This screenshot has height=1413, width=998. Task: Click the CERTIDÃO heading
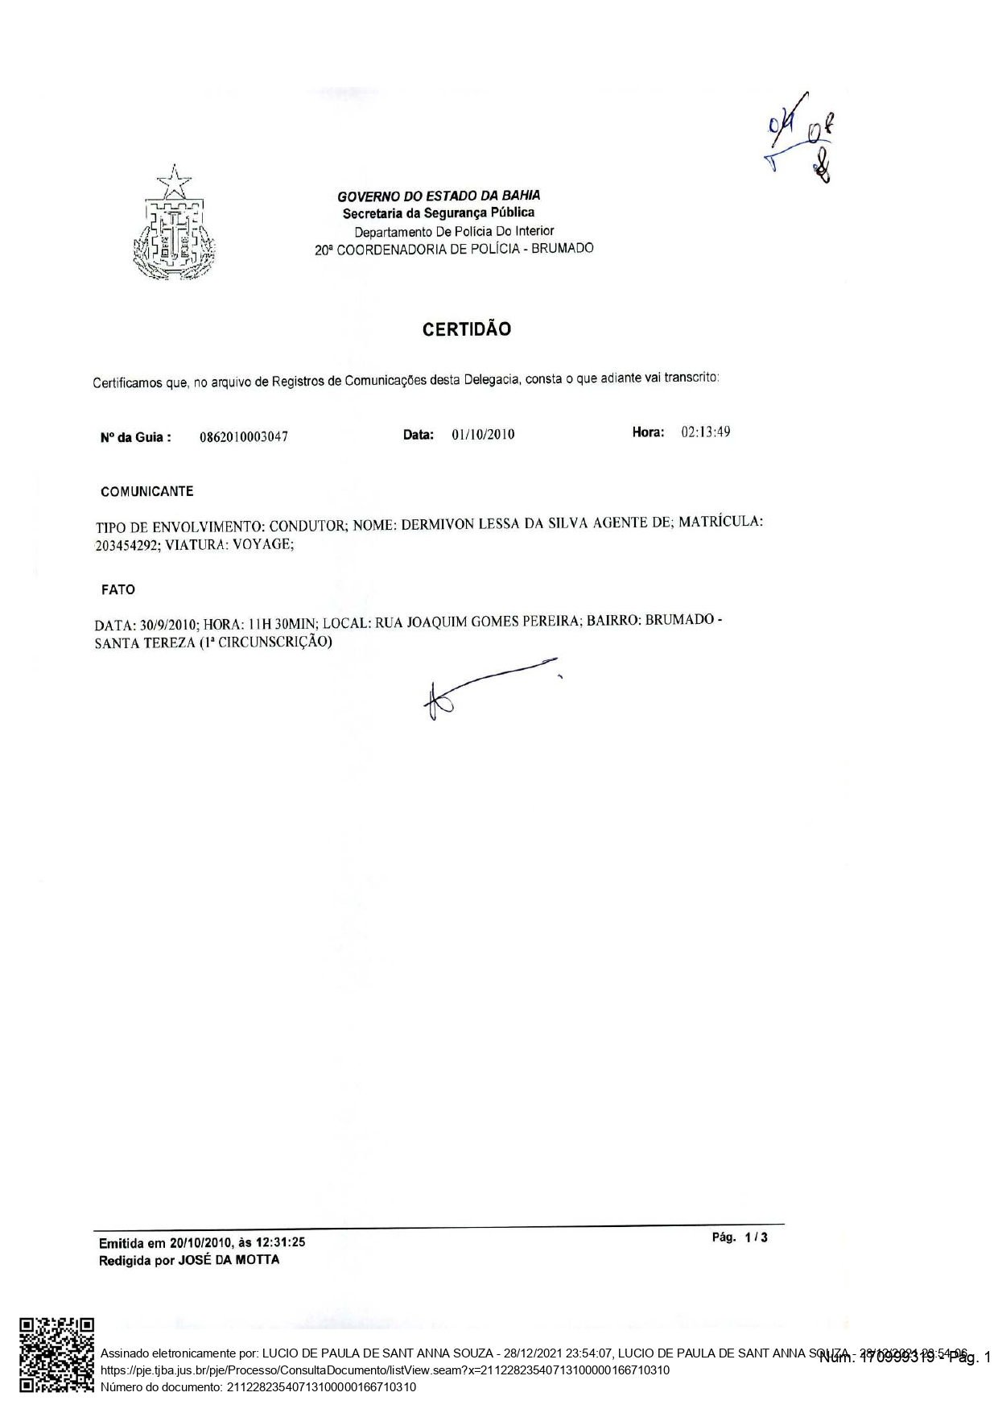click(467, 329)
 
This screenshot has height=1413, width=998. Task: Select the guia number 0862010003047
click(244, 437)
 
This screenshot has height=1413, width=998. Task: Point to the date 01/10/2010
click(483, 435)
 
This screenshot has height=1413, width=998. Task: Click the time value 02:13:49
click(705, 432)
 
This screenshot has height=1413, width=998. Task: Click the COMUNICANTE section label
click(146, 491)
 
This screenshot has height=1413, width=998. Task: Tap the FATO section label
click(118, 589)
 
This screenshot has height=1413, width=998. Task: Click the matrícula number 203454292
click(128, 545)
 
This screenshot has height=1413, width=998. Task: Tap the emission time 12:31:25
click(281, 1243)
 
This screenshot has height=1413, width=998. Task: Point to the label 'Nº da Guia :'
click(135, 438)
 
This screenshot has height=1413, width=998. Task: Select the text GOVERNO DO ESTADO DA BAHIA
click(439, 196)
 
